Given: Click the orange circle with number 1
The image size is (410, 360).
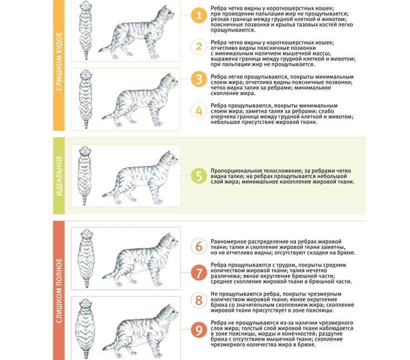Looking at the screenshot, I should [x=199, y=15].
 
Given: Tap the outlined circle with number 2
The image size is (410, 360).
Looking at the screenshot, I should [x=199, y=47].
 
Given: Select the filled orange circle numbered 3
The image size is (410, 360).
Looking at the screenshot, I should [x=199, y=79].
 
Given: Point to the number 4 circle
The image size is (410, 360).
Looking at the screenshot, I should [x=199, y=110].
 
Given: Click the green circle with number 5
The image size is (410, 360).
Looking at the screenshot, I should [x=199, y=176].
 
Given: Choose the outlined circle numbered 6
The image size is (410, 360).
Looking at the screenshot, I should [x=199, y=246].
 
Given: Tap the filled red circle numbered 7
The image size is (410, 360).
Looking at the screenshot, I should [x=199, y=272].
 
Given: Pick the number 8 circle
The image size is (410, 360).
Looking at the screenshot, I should [x=199, y=300].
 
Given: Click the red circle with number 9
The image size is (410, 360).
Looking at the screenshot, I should [x=199, y=330].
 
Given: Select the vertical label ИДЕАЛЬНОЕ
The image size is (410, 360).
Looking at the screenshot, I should [x=59, y=175].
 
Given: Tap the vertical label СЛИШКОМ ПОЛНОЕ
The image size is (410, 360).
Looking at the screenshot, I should [x=59, y=290].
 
